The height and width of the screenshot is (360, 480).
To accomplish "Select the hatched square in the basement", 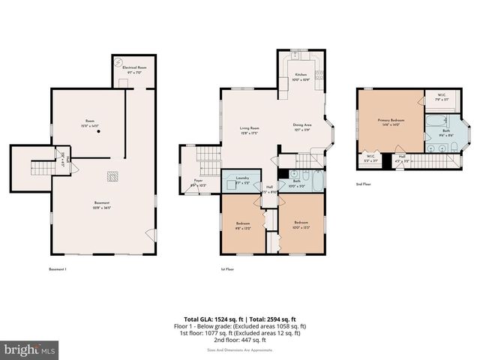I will pyautogui.click(x=112, y=177).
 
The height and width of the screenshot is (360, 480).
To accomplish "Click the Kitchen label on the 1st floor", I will pyautogui.click(x=301, y=77).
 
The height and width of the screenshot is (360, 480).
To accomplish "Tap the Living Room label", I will pyautogui.click(x=250, y=130).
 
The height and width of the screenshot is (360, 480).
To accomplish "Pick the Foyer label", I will pyautogui.click(x=199, y=182).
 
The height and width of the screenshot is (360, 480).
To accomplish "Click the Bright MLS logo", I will pyautogui.click(x=30, y=349).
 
